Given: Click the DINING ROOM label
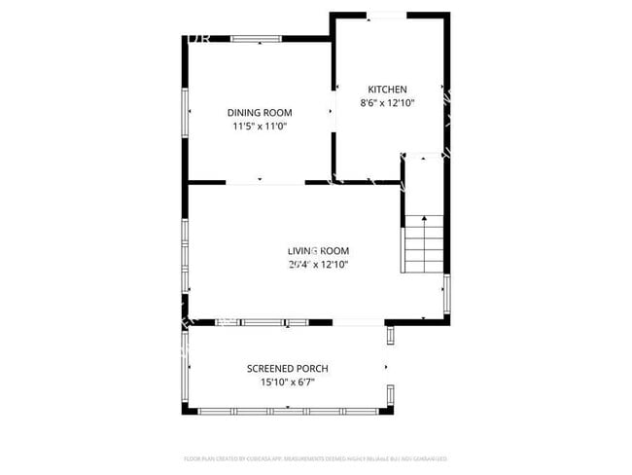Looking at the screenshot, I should pyautogui.click(x=260, y=112).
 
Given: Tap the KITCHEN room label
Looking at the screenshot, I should pyautogui.click(x=387, y=89).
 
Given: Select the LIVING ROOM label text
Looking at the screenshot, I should pyautogui.click(x=318, y=250).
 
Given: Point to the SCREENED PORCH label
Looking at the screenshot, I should pyautogui.click(x=287, y=368).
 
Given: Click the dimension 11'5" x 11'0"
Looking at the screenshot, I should pyautogui.click(x=260, y=127).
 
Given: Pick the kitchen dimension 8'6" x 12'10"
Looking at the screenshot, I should pyautogui.click(x=387, y=102).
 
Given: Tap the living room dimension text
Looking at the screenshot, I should pyautogui.click(x=318, y=264).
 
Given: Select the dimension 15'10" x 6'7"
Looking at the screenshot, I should pyautogui.click(x=287, y=383).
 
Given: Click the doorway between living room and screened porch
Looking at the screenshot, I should pyautogui.click(x=360, y=322).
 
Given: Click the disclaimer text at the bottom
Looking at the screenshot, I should pyautogui.click(x=315, y=457).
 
